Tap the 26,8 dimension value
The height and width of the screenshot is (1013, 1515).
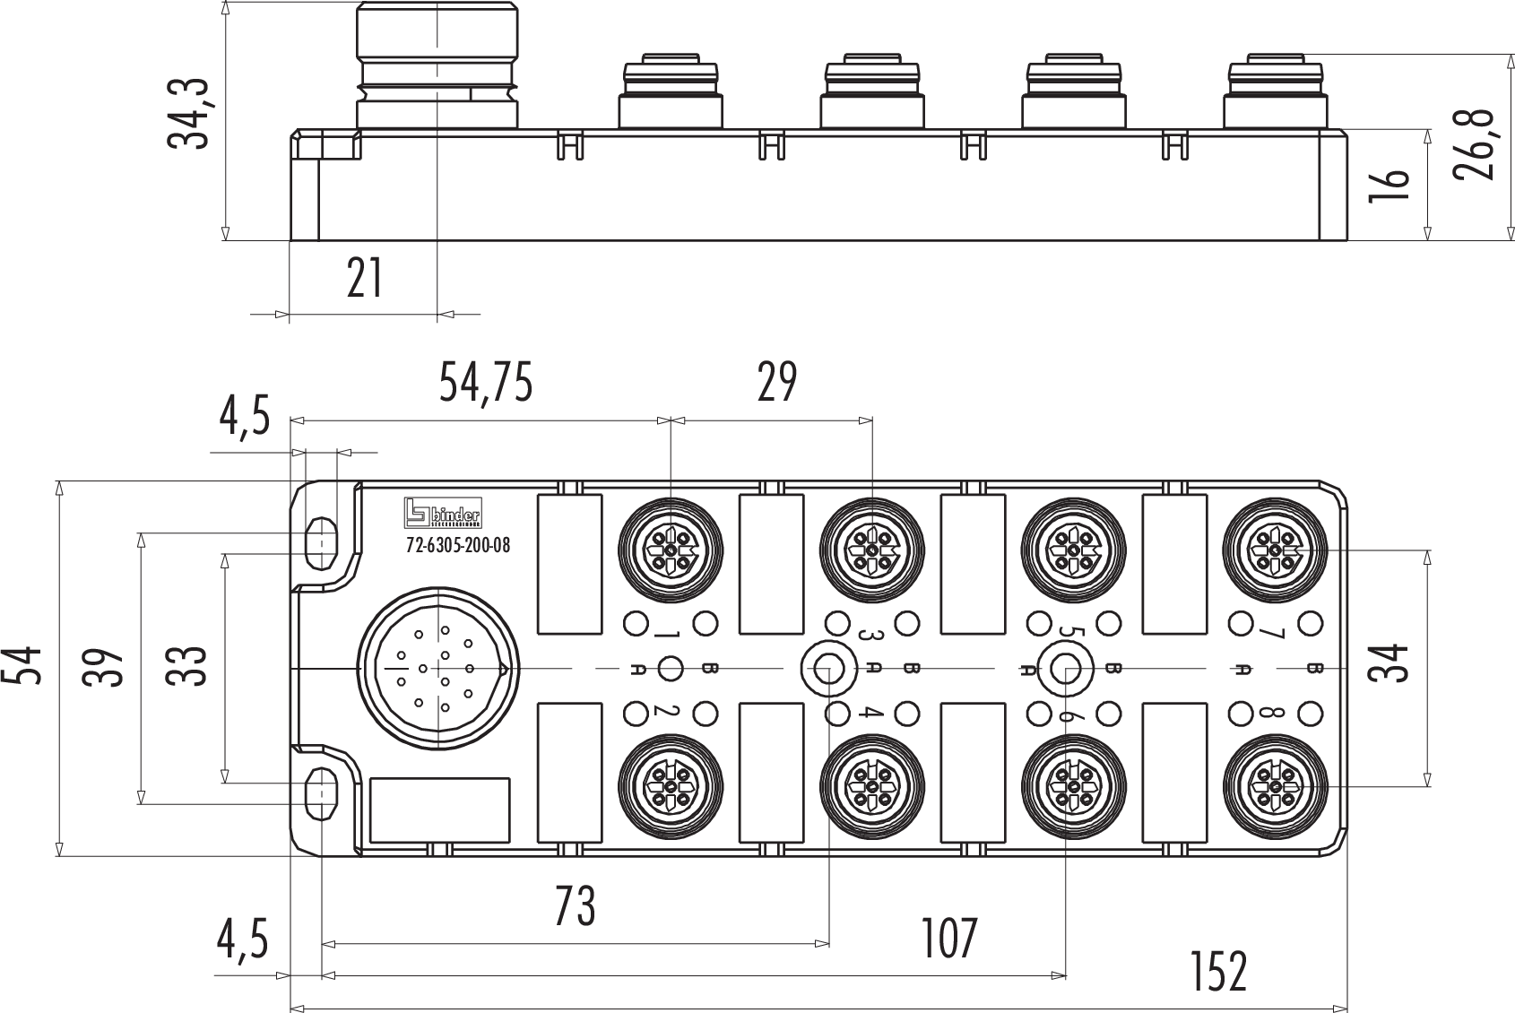1475,145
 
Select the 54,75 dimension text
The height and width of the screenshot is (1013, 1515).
486,383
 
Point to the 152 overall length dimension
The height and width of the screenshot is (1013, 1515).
1218,972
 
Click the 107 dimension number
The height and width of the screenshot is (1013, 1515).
949,939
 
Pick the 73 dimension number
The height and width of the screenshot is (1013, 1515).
575,906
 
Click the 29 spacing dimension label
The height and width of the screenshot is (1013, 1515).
776,383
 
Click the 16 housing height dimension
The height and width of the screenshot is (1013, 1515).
1389,185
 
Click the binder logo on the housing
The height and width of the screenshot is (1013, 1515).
443,512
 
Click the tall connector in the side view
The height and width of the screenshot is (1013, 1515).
437,67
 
